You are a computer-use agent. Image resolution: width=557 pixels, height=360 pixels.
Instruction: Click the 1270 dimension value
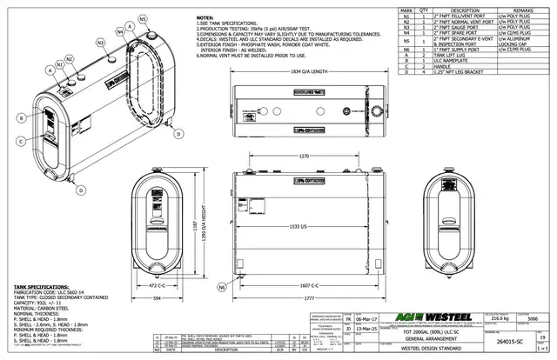pyautogui.click(x=304, y=157)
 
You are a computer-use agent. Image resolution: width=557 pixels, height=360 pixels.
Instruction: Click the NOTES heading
pyautogui.click(x=205, y=17)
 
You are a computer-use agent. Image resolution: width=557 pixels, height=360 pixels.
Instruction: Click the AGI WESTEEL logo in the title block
pyautogui.click(x=419, y=318)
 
